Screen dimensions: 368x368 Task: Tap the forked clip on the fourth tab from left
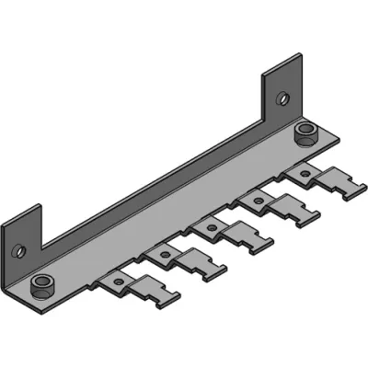293,213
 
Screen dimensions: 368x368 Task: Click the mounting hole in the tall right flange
282,96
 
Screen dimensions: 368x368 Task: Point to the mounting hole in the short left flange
16,247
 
